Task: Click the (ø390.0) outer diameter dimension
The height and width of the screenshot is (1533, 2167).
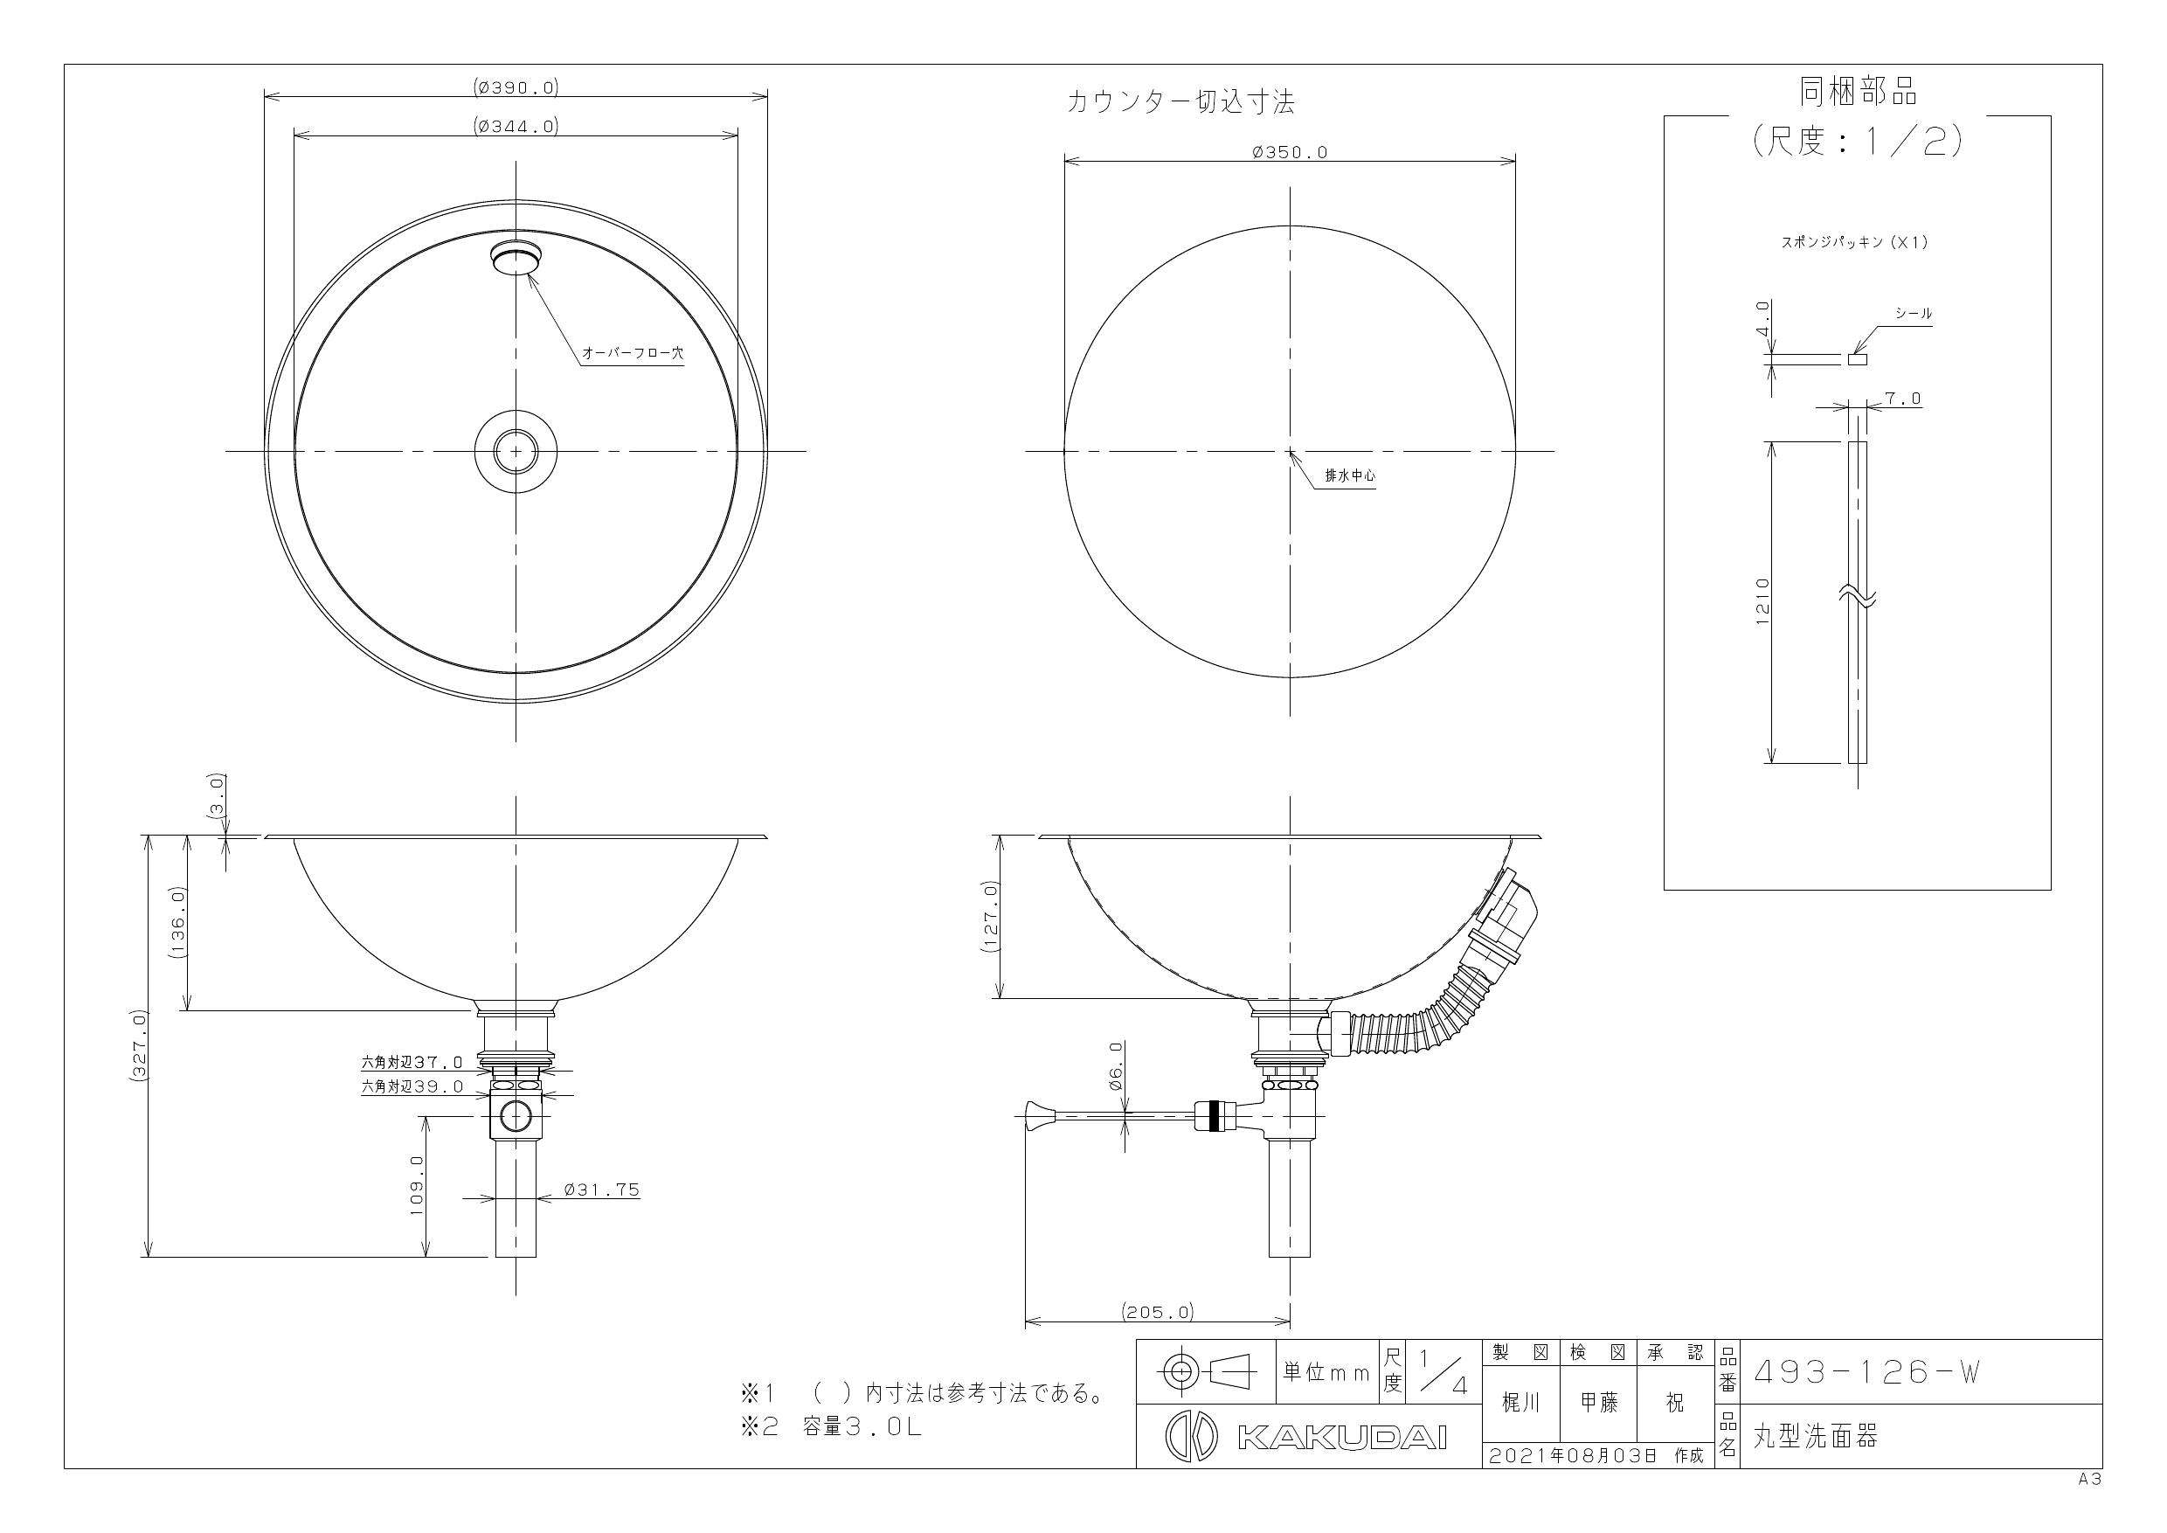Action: tap(516, 87)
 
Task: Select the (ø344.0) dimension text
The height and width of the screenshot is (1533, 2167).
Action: tap(516, 126)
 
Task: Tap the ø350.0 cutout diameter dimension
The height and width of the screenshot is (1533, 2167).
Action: tap(1289, 152)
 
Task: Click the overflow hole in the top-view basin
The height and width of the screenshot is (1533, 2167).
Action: tap(517, 258)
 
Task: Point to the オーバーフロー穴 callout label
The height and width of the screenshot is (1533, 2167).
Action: tap(632, 353)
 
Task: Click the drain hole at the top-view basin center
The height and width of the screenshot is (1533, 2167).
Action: tap(516, 451)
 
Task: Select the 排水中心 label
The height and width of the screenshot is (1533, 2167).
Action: tap(1350, 475)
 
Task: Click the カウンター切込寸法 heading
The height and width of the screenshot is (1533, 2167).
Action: tap(1180, 102)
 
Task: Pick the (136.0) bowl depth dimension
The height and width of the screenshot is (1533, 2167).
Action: tap(178, 922)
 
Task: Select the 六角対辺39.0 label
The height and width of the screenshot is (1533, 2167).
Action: tap(412, 1086)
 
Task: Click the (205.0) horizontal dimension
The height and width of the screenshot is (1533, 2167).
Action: tap(1157, 1311)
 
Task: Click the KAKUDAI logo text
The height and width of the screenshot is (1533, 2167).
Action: tap(1341, 1438)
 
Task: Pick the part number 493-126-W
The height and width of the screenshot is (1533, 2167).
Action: tap(1865, 1372)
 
